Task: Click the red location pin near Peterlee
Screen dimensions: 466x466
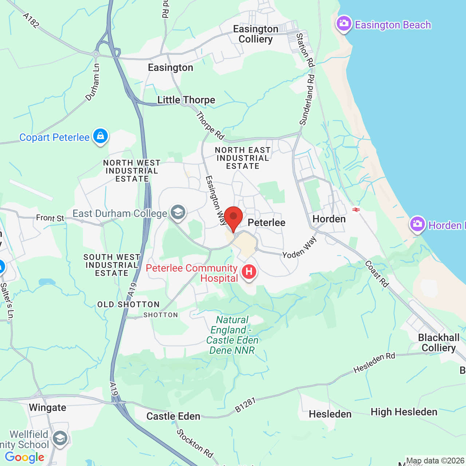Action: point(233,217)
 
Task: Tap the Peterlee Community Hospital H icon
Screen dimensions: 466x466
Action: point(249,272)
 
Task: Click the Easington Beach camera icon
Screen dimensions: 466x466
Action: point(344,24)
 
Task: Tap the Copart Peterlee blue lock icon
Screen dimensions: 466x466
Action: point(100,136)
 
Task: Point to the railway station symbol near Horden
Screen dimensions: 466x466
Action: point(356,209)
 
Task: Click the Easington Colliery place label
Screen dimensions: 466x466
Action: point(256,34)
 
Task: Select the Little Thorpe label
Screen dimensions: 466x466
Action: point(186,100)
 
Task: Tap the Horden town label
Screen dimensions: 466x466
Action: point(329,219)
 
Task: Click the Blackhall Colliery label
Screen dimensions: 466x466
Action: point(439,343)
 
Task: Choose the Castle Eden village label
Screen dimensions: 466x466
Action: point(173,416)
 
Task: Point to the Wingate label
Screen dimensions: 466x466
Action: point(47,407)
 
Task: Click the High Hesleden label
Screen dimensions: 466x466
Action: point(404,412)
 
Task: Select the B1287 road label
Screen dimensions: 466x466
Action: point(245,405)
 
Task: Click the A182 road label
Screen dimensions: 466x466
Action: point(31,21)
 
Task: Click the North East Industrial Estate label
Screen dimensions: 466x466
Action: point(243,158)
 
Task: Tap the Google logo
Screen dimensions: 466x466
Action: point(24,457)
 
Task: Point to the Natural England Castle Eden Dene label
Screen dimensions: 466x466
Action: point(232,335)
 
